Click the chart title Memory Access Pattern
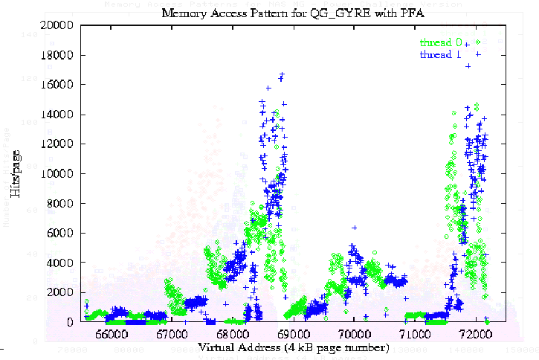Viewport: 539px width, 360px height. pyautogui.click(x=293, y=13)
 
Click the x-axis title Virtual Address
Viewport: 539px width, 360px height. pyautogui.click(x=293, y=347)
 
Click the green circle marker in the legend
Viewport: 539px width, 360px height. pyautogui.click(x=478, y=42)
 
